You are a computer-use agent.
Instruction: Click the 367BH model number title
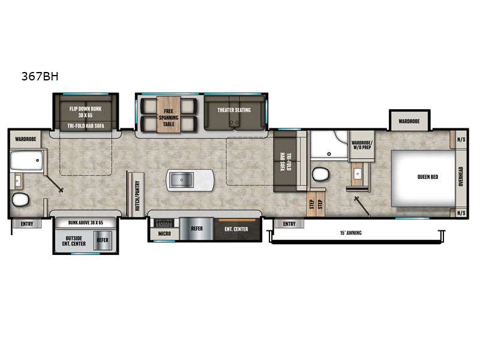(40, 76)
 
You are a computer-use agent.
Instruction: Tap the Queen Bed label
(428, 177)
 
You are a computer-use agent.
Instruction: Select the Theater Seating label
(234, 110)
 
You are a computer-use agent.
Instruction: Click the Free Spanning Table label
(169, 118)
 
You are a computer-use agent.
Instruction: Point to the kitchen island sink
(181, 179)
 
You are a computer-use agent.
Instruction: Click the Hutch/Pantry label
(137, 196)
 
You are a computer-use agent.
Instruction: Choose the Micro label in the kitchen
(164, 233)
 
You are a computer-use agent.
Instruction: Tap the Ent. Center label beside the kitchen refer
(236, 229)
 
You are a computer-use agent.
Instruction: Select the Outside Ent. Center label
(74, 241)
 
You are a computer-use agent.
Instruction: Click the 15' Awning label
(351, 233)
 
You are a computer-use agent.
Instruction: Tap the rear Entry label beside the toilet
(27, 224)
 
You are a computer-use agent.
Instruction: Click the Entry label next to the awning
(289, 224)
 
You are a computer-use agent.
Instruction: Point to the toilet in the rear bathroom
(20, 199)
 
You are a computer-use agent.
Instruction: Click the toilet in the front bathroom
(320, 174)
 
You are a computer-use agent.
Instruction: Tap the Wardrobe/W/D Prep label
(362, 145)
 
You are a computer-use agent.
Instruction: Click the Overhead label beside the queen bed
(461, 176)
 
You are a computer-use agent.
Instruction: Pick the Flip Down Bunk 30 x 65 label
(85, 112)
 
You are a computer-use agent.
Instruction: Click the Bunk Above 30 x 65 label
(86, 223)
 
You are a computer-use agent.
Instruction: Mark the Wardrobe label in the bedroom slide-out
(409, 121)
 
